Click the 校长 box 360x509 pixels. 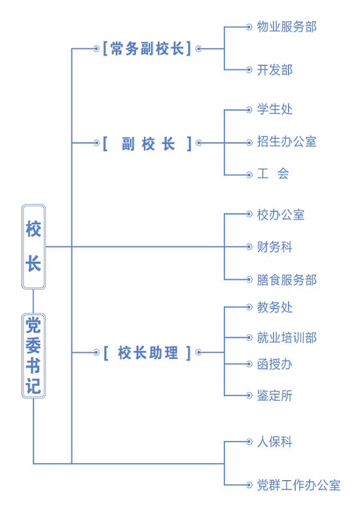(x=34, y=247)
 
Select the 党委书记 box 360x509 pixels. (x=34, y=356)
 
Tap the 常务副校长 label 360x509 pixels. (x=147, y=48)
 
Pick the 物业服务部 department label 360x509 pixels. (x=287, y=27)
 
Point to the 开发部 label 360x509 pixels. (x=275, y=70)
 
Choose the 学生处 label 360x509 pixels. (x=275, y=109)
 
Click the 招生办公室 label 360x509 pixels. (x=287, y=142)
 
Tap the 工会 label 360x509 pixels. (x=273, y=174)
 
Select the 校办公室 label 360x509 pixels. (x=281, y=215)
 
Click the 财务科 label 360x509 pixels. (x=275, y=247)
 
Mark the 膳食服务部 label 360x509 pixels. (x=287, y=280)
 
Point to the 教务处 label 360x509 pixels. (x=275, y=307)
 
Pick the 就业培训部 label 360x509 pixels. (x=287, y=337)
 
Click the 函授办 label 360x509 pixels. (x=275, y=364)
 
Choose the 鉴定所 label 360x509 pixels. (x=275, y=396)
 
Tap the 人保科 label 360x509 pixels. (x=275, y=442)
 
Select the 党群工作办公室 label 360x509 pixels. (x=298, y=485)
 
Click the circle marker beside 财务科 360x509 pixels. (x=249, y=247)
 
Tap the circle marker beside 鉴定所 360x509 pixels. (x=249, y=396)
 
